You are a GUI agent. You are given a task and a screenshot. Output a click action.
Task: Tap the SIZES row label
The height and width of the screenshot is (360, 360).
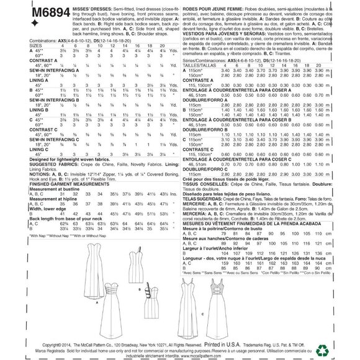pos(17,45)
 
